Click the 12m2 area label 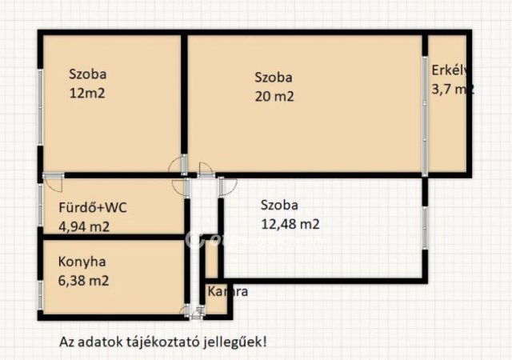87,92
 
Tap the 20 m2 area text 274,97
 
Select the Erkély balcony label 448,69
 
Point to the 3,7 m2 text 451,89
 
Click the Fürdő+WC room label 93,207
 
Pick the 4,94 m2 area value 84,226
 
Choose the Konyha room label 82,262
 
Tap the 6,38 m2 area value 83,281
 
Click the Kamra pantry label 227,291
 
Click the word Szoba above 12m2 87,74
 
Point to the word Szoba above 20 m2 274,78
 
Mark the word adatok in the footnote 97,341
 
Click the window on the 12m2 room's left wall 40,104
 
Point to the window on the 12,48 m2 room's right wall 425,229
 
